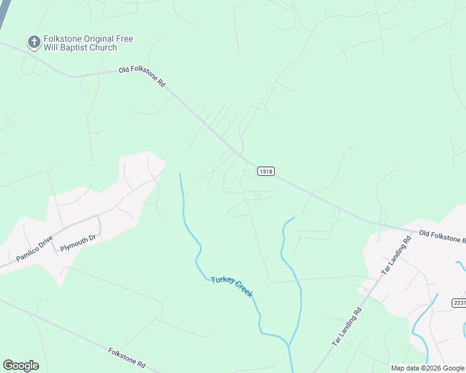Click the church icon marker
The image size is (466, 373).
[x=34, y=42]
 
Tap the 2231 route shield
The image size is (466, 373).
[x=459, y=303]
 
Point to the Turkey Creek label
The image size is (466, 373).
[x=232, y=287]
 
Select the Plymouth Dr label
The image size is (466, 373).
[x=78, y=242]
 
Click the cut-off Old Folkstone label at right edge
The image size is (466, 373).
[x=442, y=236]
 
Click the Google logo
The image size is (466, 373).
[x=21, y=365]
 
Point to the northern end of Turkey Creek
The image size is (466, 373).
[x=180, y=175]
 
